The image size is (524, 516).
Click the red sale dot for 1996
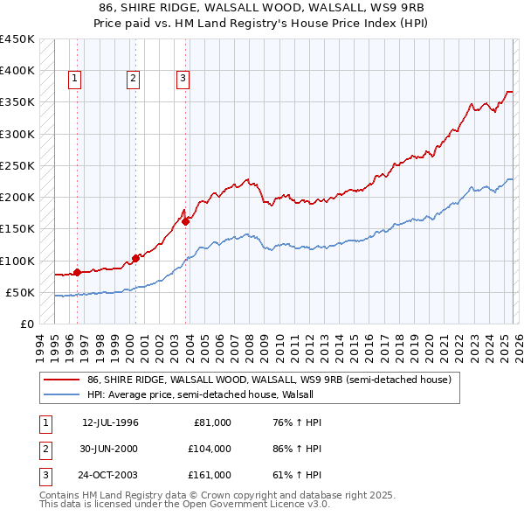point(77,272)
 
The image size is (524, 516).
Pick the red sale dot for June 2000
point(136,258)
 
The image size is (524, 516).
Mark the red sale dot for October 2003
point(186,221)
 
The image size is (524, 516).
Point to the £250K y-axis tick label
point(17,165)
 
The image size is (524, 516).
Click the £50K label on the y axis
point(21,292)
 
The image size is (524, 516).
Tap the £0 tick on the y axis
point(26,324)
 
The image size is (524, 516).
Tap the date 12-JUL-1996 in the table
point(110,422)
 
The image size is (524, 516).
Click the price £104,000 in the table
point(209,449)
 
